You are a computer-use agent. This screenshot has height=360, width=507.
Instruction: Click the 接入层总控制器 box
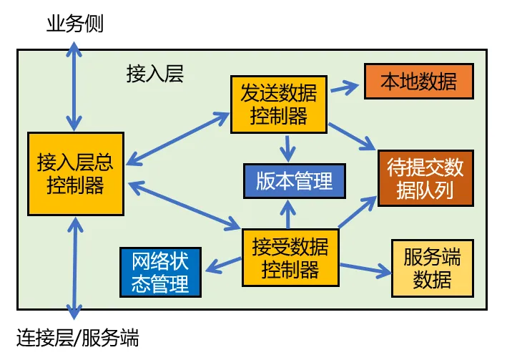76,173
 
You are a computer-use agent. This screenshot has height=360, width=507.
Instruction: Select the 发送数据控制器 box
279,104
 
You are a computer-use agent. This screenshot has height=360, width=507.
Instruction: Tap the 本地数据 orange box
419,82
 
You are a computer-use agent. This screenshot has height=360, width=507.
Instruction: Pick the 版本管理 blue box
295,181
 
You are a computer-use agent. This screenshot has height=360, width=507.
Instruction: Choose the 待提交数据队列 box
426,178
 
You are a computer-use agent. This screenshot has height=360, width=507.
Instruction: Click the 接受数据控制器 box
290,258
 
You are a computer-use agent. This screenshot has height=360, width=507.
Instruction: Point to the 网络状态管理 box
160,272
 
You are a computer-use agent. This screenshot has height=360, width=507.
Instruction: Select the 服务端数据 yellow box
433,268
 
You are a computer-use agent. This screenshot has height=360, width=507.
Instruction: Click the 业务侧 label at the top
75,24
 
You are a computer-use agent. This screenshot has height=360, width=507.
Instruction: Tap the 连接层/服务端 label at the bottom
78,338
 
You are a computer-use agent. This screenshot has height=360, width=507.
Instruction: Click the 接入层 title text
155,74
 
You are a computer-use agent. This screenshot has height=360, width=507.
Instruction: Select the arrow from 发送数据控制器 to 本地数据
345,88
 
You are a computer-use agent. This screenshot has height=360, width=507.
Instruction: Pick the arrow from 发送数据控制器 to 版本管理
287,148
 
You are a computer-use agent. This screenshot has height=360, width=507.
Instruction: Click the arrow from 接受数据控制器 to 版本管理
287,215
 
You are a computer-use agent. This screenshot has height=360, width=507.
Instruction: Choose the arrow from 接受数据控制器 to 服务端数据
365,270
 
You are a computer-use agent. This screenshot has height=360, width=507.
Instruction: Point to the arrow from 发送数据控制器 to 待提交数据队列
353,137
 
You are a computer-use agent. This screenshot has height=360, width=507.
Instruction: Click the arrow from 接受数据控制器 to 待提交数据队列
358,212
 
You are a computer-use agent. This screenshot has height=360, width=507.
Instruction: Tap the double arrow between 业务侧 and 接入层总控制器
74,86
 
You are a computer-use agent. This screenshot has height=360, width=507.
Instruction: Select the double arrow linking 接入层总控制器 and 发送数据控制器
177,139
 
